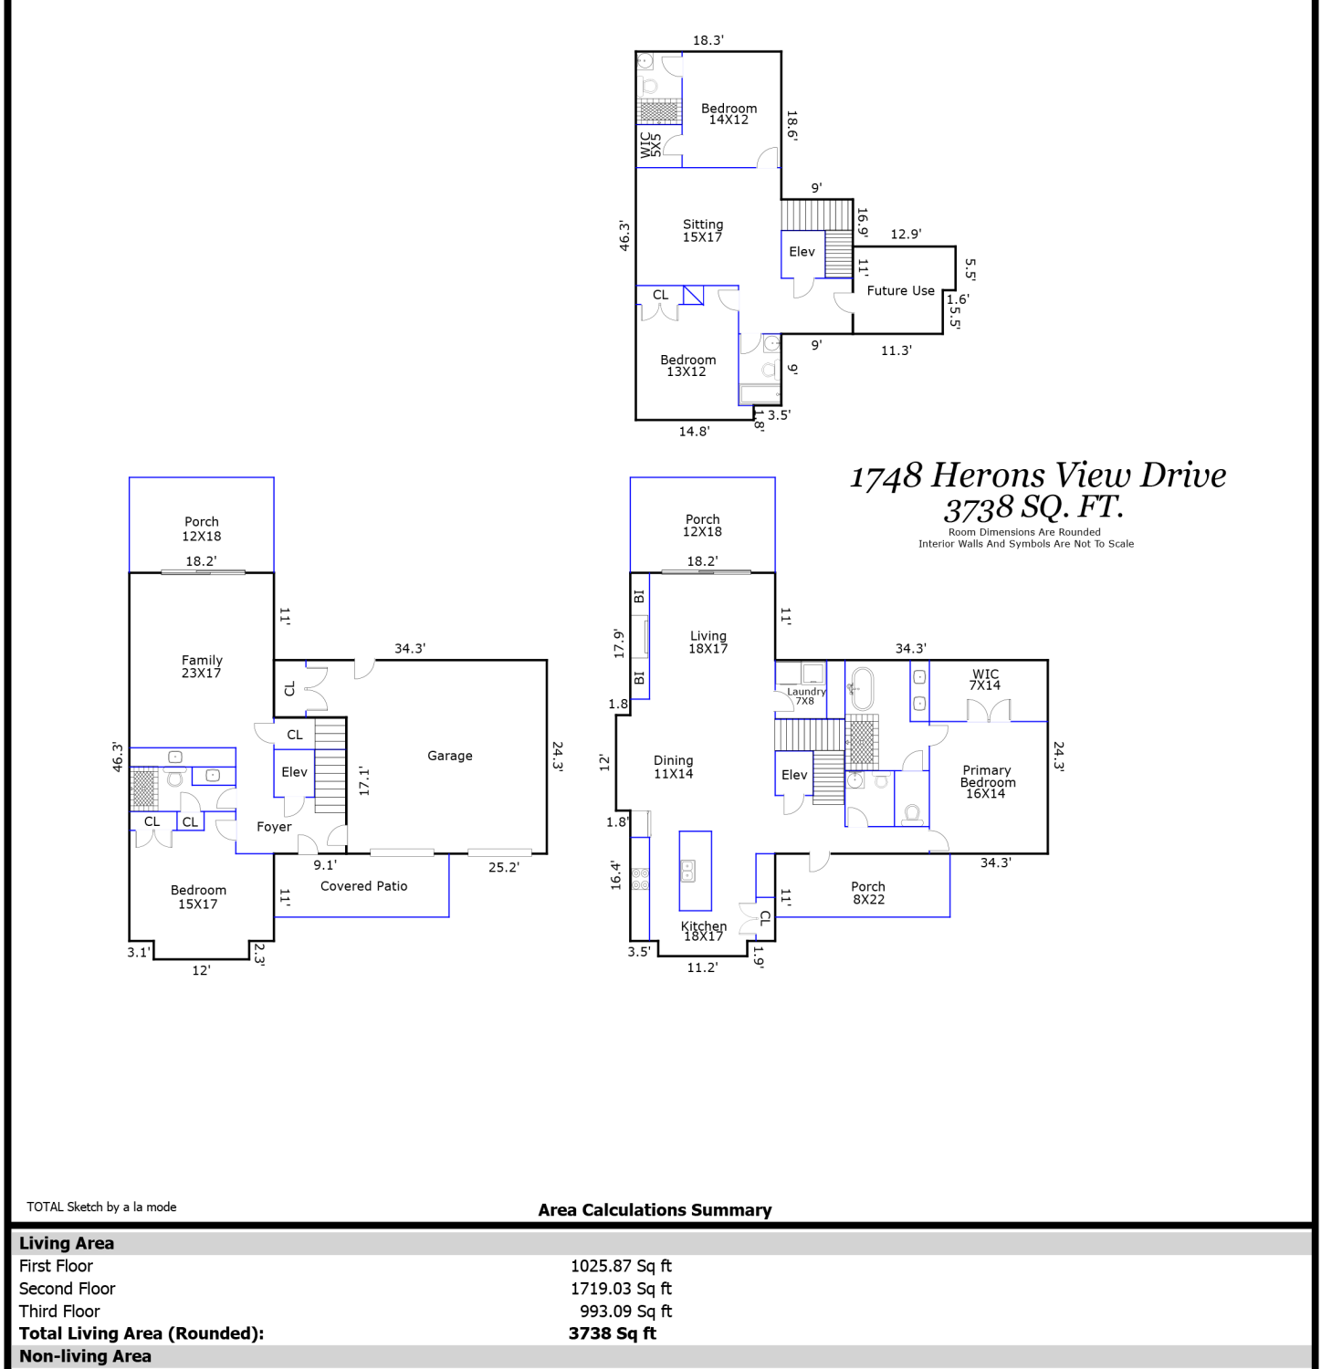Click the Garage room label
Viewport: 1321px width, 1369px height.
[x=450, y=756]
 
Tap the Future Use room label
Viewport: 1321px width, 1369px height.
[x=901, y=290]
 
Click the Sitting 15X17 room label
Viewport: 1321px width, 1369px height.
[x=703, y=231]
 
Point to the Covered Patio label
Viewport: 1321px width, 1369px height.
[x=364, y=886]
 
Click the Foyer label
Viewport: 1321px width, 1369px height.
[x=274, y=827]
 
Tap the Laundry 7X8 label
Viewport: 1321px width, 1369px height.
[x=806, y=695]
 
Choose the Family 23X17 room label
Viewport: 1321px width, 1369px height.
[x=202, y=666]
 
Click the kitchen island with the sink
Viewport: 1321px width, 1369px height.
[x=696, y=871]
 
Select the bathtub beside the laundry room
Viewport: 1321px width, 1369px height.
[x=862, y=689]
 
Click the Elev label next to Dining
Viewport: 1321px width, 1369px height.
[x=794, y=775]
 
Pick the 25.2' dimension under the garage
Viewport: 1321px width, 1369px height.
[x=503, y=867]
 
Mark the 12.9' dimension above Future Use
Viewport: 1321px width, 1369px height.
[x=906, y=235]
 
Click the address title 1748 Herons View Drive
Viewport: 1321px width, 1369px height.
[x=1038, y=475]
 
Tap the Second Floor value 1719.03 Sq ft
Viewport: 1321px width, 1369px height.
[x=621, y=1289]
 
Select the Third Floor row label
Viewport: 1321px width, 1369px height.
[x=59, y=1312]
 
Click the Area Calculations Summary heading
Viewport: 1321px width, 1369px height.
[x=655, y=1210]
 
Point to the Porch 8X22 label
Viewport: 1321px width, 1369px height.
[x=868, y=893]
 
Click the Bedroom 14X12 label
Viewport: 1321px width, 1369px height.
[x=729, y=114]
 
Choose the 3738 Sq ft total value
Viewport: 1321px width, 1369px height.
[x=612, y=1333]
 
